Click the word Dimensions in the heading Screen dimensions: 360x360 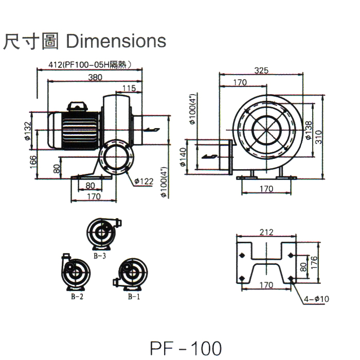[116, 41]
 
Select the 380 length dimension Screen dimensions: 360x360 [95, 77]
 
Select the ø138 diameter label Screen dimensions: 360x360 [308, 131]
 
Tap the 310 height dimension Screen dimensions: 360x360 [319, 136]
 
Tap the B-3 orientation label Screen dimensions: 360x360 [100, 255]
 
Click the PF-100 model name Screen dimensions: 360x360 [186, 348]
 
